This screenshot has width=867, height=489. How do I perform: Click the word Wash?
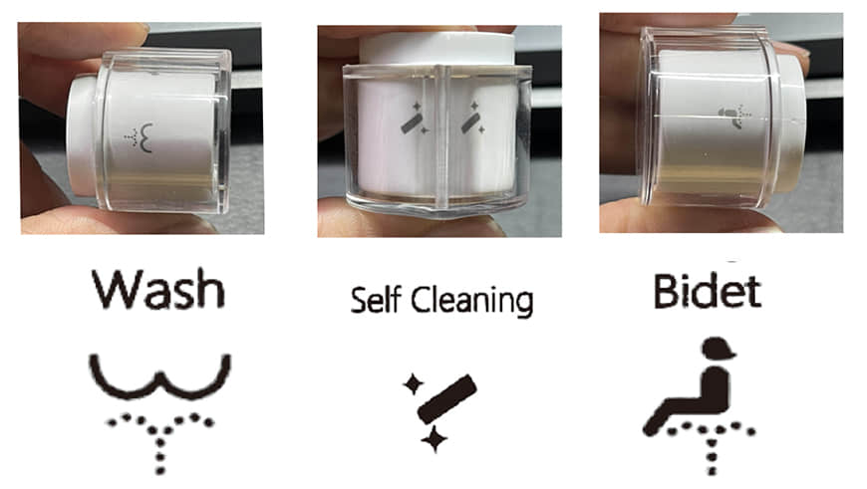tap(158, 289)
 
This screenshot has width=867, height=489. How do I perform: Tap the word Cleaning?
tap(471, 301)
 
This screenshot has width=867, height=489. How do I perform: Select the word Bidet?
tap(708, 291)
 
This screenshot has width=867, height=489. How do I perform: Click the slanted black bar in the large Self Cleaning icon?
tap(446, 399)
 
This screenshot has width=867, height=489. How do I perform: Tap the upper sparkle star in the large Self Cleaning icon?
tap(413, 384)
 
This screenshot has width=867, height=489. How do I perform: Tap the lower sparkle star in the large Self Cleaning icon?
tap(434, 440)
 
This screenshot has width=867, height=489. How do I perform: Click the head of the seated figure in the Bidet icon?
tap(718, 349)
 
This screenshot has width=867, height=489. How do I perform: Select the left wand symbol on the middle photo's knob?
tap(414, 120)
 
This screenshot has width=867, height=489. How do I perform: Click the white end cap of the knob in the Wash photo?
tap(82, 135)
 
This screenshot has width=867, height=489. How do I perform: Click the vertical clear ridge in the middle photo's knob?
tap(440, 135)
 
